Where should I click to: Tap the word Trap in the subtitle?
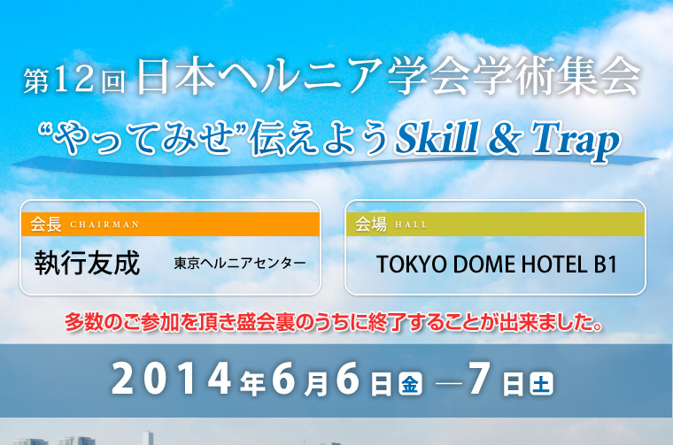click(576, 139)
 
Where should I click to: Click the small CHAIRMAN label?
click(104, 225)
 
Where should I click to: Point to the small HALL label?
click(411, 225)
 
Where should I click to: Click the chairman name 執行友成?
click(87, 264)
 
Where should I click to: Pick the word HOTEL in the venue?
click(544, 265)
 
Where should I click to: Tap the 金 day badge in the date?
click(410, 384)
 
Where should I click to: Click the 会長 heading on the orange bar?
click(45, 224)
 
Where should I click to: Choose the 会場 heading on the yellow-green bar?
click(370, 224)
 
